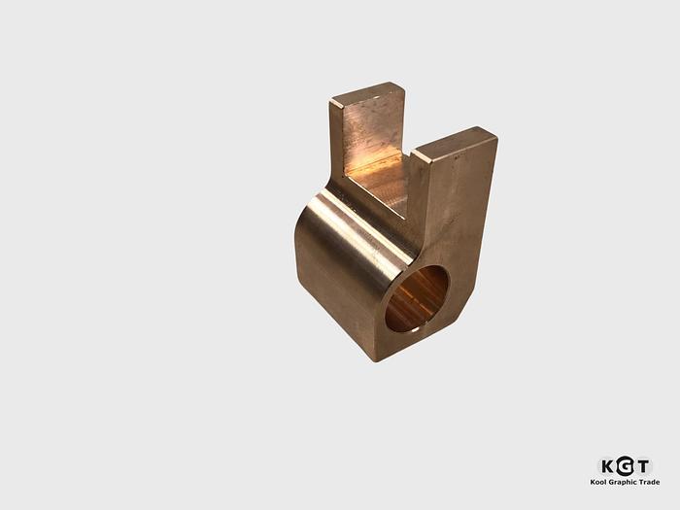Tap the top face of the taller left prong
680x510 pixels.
point(366,94)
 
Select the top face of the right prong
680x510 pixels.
point(455,143)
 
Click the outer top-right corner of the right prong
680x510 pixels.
point(496,137)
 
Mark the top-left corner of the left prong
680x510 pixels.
point(331,100)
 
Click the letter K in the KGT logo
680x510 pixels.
point(609,466)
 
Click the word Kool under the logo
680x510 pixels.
point(599,482)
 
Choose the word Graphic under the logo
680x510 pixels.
point(624,482)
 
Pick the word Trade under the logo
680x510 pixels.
point(649,482)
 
